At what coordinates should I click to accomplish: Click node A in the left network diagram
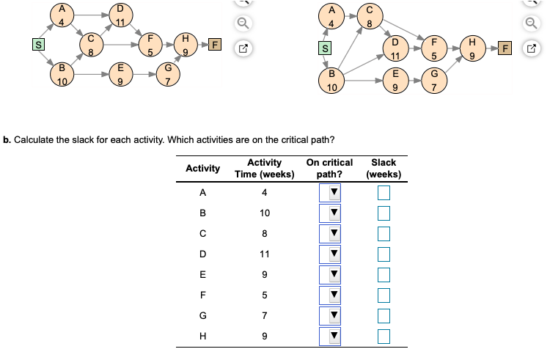coord(62,15)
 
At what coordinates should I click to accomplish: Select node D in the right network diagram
coord(395,48)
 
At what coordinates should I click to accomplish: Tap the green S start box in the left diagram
coord(38,45)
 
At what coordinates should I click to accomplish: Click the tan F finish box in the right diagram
coord(505,48)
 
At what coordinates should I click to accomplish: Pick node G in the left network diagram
coord(168,74)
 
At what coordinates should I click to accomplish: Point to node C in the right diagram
coord(370,16)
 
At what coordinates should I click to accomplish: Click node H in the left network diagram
coord(186,45)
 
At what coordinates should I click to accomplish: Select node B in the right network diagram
coord(331,81)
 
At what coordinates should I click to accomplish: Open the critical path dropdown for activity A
coord(330,192)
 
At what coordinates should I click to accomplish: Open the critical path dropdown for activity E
coord(330,274)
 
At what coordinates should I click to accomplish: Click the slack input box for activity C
coord(384,234)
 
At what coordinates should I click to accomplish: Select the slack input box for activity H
coord(384,337)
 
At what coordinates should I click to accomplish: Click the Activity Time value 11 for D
coord(265,254)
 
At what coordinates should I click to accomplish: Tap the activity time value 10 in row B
coord(265,213)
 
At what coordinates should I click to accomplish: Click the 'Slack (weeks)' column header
coord(384,168)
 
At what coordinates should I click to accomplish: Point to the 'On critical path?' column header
coord(329,168)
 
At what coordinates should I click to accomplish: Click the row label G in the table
coord(202,315)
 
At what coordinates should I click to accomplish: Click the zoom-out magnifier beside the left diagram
coord(243,23)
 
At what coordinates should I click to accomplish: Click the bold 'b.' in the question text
coord(7,140)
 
